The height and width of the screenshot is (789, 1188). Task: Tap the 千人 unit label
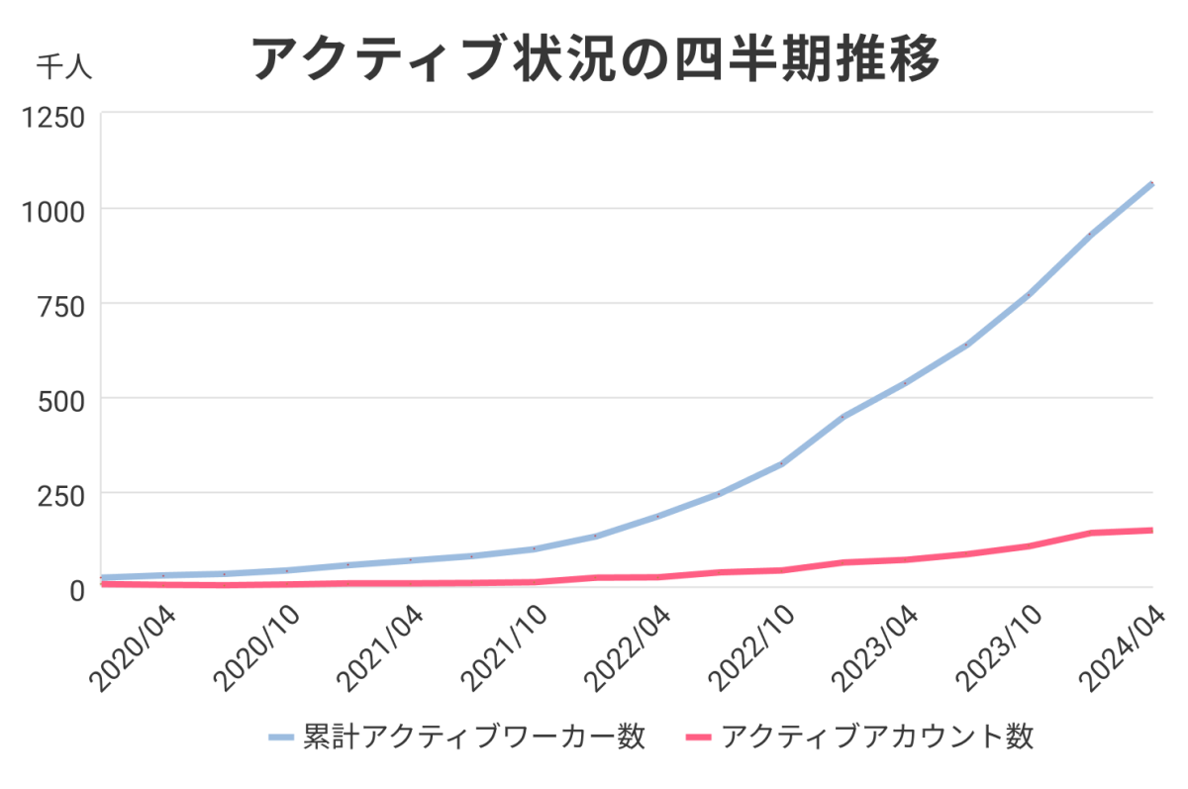pos(64,67)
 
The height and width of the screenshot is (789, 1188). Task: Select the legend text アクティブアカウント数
pos(877,737)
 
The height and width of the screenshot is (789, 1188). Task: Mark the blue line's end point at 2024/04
pos(1151,184)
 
